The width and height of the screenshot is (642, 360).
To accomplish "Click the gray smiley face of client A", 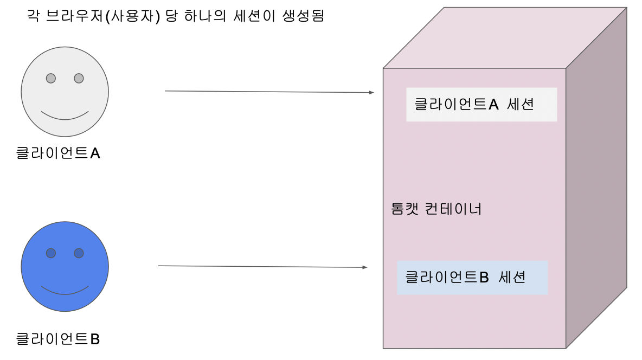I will pyautogui.click(x=65, y=98).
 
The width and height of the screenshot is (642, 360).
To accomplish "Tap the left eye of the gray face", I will pyautogui.click(x=51, y=78).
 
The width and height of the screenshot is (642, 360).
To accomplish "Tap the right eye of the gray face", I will pyautogui.click(x=79, y=78).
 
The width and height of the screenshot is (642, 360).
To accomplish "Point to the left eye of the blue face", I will pyautogui.click(x=51, y=253).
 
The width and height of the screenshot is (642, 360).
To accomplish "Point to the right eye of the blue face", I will pyautogui.click(x=79, y=253).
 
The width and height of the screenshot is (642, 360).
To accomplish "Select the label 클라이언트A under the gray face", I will pyautogui.click(x=58, y=154).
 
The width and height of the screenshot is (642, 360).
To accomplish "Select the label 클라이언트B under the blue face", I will pyautogui.click(x=58, y=339).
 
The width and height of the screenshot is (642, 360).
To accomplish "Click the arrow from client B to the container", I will pyautogui.click(x=262, y=266).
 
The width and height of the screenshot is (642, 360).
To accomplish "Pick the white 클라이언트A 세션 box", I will pyautogui.click(x=481, y=104).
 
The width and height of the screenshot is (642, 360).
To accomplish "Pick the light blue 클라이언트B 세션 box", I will pyautogui.click(x=472, y=278).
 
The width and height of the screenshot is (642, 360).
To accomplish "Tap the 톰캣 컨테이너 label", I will pyautogui.click(x=436, y=209).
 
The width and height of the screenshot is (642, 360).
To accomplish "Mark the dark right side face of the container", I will pyautogui.click(x=596, y=179).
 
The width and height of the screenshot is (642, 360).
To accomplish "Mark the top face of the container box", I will pyautogui.click(x=504, y=38).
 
